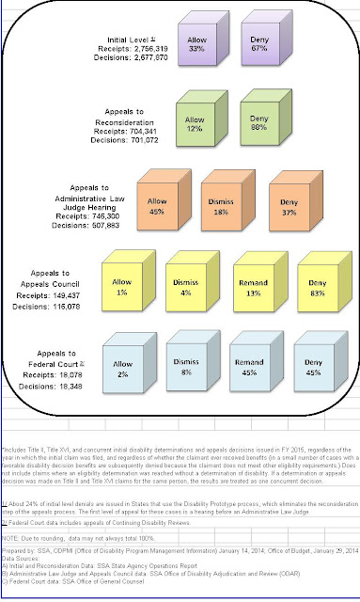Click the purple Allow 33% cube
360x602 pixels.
[x=196, y=48]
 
